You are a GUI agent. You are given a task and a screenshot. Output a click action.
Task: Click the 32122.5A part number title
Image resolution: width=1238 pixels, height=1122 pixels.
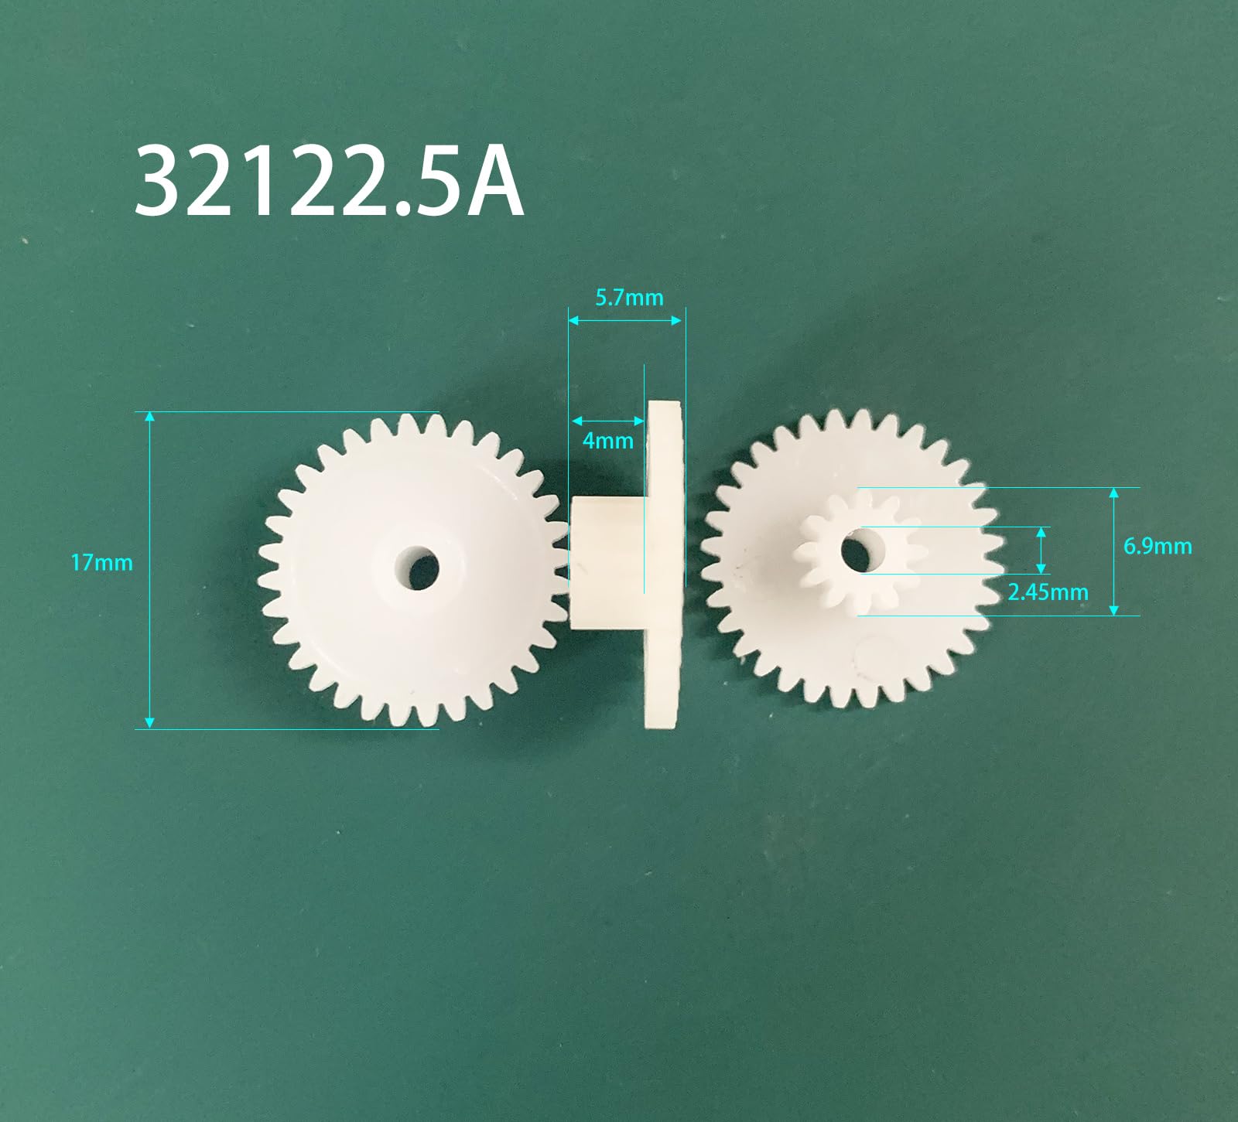[329, 183]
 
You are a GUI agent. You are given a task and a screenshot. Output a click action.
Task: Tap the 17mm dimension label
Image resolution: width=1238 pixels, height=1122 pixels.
[101, 563]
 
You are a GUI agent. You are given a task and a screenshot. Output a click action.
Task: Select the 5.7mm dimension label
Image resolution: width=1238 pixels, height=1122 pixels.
[629, 298]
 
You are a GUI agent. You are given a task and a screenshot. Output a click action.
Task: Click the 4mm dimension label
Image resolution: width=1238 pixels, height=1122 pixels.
[607, 441]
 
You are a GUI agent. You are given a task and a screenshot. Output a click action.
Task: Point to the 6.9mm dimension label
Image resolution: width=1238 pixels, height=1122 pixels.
[1157, 546]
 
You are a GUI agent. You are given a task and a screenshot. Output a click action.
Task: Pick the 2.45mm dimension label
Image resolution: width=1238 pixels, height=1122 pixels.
[1047, 592]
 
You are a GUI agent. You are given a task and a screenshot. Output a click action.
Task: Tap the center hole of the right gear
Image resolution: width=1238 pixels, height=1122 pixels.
[855, 551]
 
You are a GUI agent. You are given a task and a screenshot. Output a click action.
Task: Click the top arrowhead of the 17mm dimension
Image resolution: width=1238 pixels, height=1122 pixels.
[150, 418]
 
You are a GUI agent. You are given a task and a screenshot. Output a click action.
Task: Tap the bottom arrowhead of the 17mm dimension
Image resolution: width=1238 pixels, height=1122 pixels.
[150, 722]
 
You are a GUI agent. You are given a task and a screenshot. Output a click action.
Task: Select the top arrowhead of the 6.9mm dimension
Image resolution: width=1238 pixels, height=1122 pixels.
[1114, 493]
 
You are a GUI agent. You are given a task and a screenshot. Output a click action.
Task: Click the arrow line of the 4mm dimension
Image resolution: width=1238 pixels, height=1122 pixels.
[607, 421]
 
